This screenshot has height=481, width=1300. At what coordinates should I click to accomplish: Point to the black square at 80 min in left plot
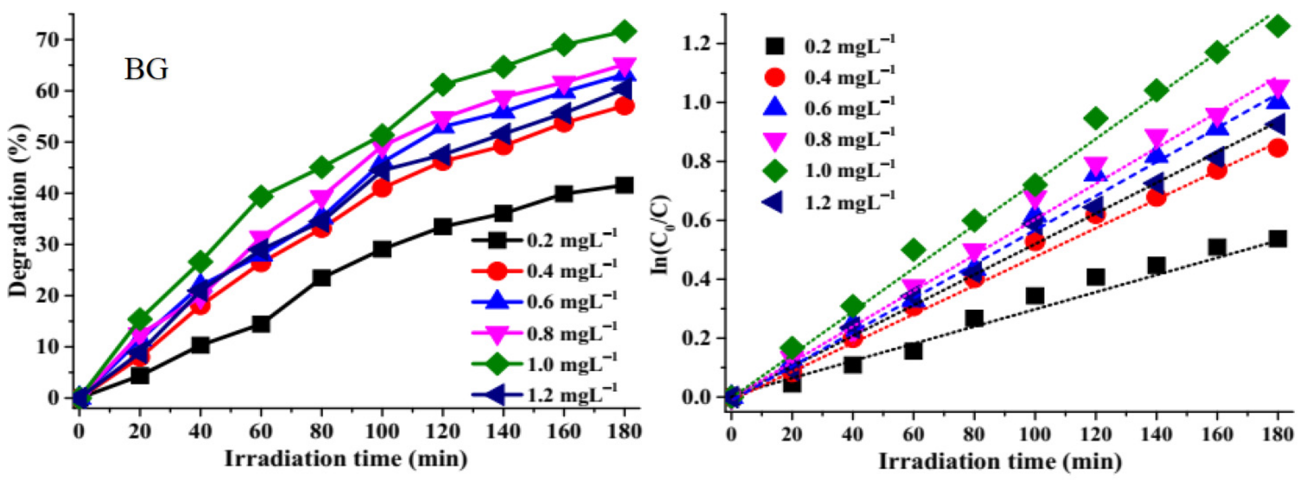tap(321, 278)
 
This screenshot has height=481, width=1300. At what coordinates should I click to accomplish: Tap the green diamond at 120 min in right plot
tap(1095, 119)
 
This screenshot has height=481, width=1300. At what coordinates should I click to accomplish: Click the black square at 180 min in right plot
tap(1277, 238)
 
